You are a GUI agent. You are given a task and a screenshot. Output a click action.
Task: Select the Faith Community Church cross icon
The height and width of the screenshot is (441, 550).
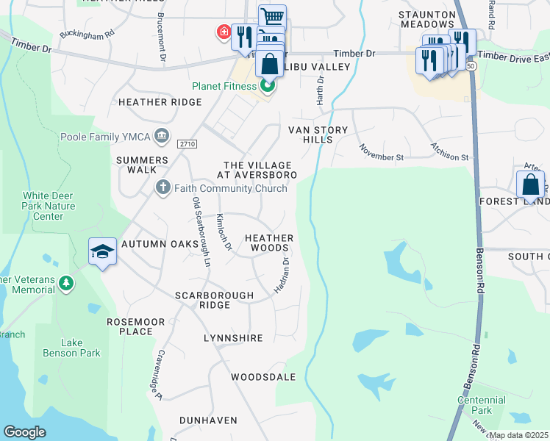163,188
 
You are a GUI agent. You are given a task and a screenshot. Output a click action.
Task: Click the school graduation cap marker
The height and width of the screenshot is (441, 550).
103,252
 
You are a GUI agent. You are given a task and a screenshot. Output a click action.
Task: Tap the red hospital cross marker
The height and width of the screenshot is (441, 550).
221,32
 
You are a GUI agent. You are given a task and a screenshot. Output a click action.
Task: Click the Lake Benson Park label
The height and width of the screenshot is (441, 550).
71,348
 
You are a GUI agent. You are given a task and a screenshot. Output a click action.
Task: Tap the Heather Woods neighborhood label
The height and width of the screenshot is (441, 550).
269,243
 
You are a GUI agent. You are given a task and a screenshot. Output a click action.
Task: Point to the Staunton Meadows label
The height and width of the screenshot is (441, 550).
432,19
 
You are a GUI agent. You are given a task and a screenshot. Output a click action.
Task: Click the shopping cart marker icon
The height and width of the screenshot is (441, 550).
272,16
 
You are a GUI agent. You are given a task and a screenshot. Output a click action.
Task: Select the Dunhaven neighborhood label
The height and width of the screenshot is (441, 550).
208,420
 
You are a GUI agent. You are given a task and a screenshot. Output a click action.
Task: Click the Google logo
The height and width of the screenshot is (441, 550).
24,432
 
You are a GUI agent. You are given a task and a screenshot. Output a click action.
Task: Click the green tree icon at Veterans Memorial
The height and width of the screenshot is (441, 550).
66,283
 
